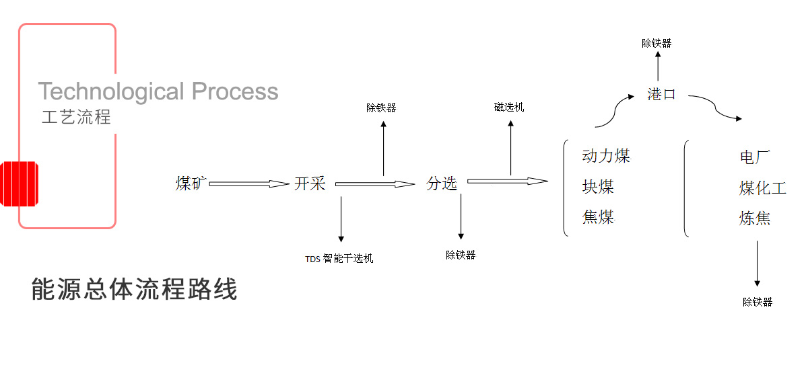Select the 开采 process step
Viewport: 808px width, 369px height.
310,183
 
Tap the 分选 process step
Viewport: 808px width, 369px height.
442,183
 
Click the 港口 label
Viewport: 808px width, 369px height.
661,94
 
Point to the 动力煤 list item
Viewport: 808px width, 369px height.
606,157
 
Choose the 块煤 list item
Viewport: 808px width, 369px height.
599,187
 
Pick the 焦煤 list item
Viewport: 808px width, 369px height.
599,217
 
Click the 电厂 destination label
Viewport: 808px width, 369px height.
755,158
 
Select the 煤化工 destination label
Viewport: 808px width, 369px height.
762,188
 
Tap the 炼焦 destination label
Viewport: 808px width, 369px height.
755,218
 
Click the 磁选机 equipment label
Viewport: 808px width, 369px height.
509,108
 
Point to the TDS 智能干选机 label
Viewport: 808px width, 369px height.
339,258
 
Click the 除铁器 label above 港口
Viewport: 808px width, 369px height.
656,44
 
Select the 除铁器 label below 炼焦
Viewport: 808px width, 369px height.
757,302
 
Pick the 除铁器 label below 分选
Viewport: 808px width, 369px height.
461,255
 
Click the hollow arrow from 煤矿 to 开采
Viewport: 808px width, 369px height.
249,183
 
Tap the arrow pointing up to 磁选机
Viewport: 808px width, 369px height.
510,148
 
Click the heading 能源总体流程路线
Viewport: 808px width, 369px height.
135,290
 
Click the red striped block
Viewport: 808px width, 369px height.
21,183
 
